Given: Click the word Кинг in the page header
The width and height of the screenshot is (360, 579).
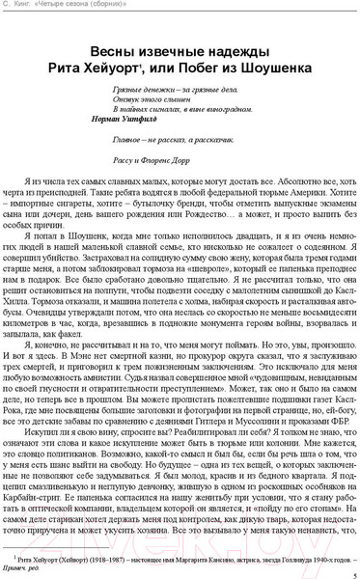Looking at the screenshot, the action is [28, 7].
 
